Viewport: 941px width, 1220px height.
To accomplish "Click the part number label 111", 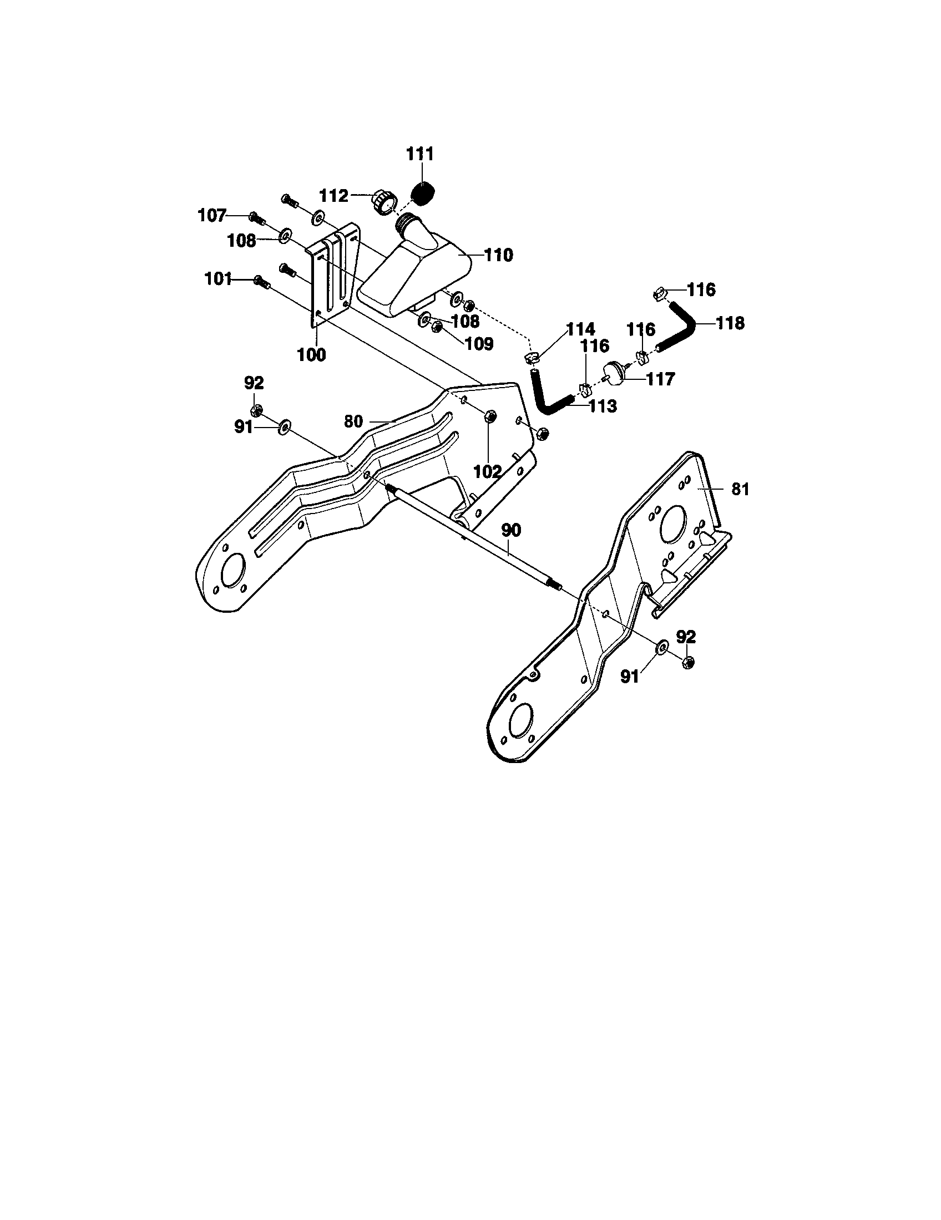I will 420,154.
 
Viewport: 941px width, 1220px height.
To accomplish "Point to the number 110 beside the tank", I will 498,255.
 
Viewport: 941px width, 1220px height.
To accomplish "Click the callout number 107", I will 213,215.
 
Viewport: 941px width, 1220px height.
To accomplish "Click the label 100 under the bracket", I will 312,354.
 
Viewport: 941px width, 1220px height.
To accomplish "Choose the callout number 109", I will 479,344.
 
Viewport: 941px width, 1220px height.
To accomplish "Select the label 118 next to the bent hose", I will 731,323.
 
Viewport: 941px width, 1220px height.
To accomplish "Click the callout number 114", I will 580,328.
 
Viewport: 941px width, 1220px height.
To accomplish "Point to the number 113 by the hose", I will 603,406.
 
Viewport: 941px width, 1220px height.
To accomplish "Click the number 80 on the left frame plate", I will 353,421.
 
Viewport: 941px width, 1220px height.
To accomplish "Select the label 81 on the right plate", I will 740,489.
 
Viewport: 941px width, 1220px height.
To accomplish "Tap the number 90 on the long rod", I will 511,530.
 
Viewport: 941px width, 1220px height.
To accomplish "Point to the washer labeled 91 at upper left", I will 284,428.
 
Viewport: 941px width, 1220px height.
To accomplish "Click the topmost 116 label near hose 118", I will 701,289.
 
